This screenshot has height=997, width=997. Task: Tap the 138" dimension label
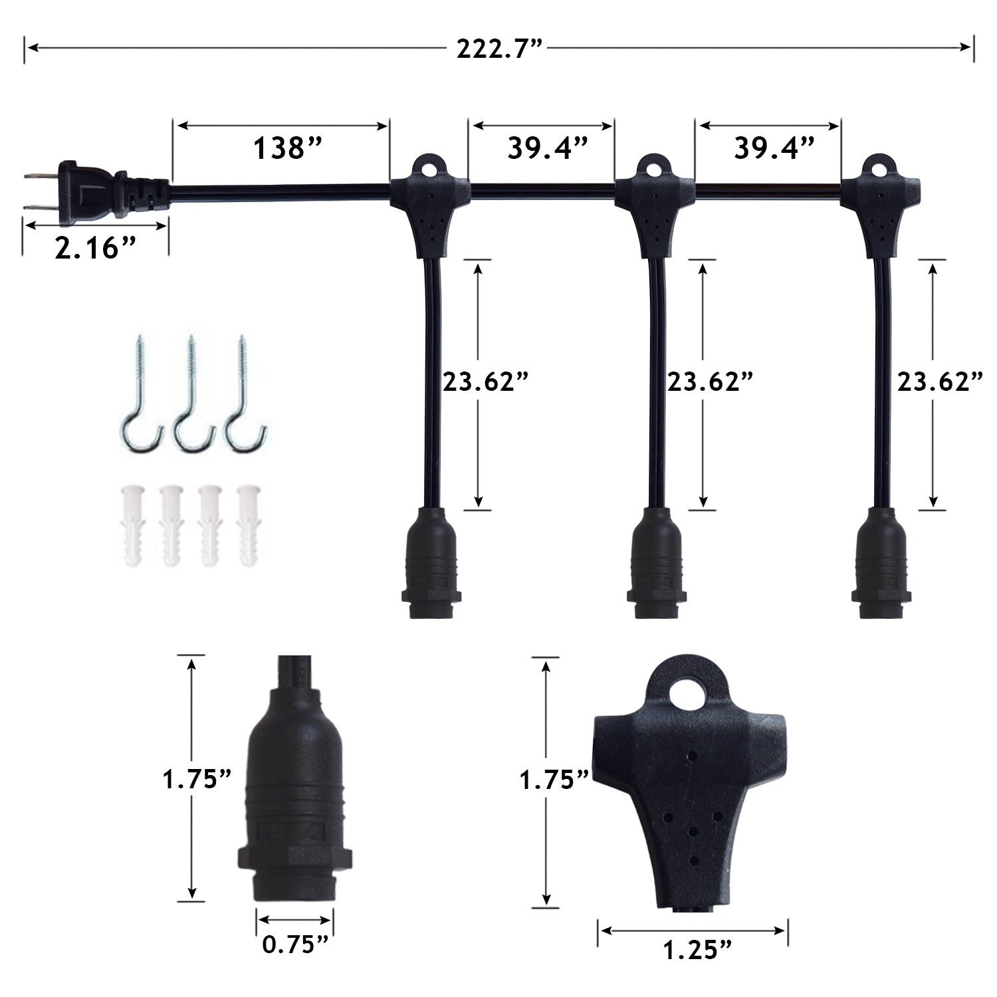287,149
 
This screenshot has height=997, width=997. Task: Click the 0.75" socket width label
295,944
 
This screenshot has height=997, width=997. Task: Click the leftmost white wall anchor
132,525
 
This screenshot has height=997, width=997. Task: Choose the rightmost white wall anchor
249,525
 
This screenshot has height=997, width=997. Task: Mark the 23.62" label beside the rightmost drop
940,382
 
